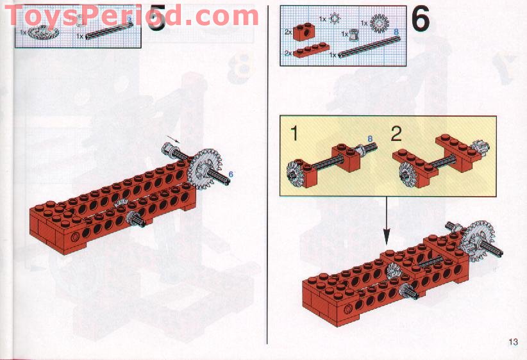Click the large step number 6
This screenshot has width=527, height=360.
420,19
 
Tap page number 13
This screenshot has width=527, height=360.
513,342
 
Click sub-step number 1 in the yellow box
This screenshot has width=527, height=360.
294,133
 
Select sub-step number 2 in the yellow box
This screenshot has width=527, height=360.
396,133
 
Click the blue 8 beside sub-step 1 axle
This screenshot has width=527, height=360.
370,138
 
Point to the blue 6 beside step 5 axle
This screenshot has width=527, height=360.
231,174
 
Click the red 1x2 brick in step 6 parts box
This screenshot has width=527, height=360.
303,32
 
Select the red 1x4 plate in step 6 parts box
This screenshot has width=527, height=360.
311,50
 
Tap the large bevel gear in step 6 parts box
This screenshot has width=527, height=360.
379,23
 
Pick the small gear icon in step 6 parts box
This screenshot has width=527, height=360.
335,19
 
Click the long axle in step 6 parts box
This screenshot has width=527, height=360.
369,47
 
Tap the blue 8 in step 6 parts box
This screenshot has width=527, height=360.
396,32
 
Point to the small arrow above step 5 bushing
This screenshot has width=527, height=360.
173,139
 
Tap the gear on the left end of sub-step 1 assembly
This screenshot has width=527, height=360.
295,174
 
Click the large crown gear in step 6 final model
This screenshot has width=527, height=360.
478,241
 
